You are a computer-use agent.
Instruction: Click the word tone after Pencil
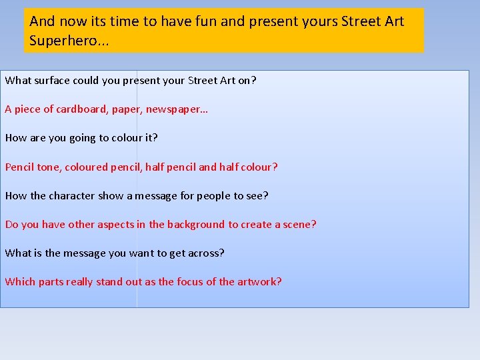click(48, 167)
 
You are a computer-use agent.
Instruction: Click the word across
click(207, 253)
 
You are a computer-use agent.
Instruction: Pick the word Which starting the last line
click(20, 281)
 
